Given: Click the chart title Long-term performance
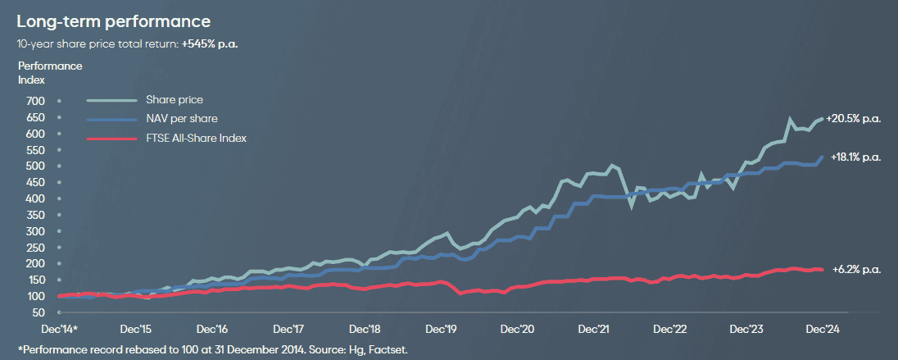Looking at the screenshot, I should (x=114, y=21).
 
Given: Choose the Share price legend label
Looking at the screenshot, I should (x=175, y=100).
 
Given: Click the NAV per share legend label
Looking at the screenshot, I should (x=181, y=119).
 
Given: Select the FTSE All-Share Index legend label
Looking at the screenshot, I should (x=197, y=138).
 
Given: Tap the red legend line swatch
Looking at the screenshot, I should (x=111, y=138).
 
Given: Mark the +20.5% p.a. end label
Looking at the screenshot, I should (x=854, y=119).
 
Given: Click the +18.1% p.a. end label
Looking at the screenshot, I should (x=855, y=157).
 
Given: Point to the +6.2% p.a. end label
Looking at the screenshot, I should (x=855, y=269).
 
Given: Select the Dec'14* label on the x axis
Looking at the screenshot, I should (x=58, y=329).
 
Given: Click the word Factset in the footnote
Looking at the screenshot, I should (x=390, y=350).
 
